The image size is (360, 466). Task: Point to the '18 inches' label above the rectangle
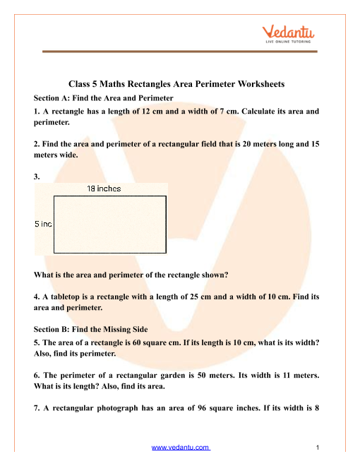pos(104,189)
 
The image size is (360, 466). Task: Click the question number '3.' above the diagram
pos(37,176)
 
